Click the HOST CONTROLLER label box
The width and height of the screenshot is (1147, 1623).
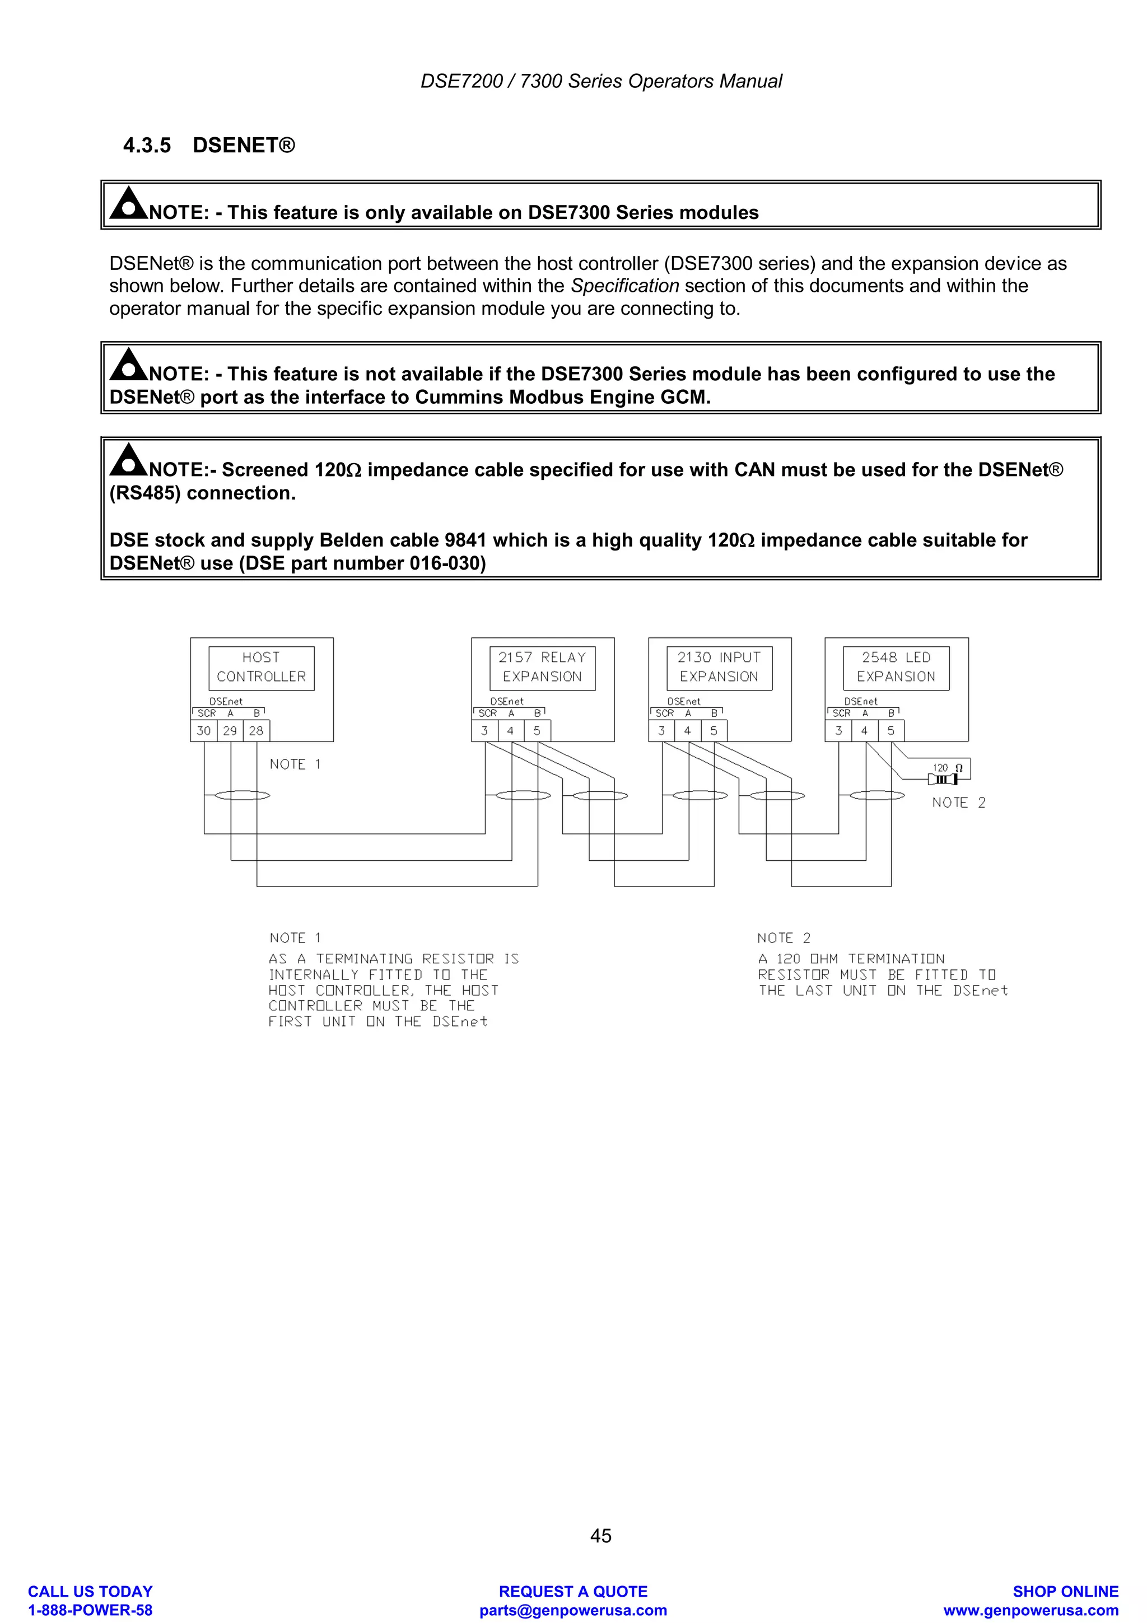(x=261, y=668)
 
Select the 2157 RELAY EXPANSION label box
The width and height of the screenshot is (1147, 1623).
(x=542, y=668)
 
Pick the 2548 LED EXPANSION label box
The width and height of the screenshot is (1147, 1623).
(x=896, y=668)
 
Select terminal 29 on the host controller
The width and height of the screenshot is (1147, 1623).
(x=230, y=731)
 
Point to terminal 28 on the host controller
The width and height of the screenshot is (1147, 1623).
(x=256, y=731)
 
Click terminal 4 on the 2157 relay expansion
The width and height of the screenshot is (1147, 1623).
(x=510, y=731)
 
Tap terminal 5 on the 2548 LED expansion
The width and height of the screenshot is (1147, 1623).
(x=890, y=731)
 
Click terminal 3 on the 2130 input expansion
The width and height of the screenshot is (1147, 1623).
(x=661, y=731)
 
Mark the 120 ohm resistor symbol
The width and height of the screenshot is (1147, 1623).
(x=943, y=779)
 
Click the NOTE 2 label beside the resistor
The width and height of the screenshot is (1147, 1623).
(x=958, y=803)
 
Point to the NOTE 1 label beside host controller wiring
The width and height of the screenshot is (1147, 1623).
(x=295, y=764)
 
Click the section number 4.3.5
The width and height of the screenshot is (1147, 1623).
(x=147, y=146)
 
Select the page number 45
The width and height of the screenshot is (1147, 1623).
(x=601, y=1535)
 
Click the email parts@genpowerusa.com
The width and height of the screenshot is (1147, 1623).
(x=573, y=1610)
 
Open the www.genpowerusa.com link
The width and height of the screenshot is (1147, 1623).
(x=1031, y=1610)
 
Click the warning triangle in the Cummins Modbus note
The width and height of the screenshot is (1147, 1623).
(x=128, y=364)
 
